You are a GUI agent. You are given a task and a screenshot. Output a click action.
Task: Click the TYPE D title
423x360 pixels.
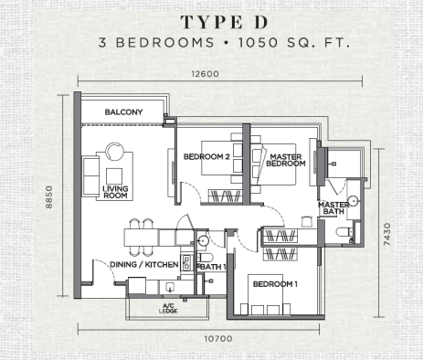(225, 22)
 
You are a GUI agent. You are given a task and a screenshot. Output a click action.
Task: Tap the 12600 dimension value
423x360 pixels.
(205, 74)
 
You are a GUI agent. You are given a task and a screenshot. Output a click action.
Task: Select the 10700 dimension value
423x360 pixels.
(218, 338)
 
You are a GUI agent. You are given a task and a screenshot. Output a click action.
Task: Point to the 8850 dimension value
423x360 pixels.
(48, 197)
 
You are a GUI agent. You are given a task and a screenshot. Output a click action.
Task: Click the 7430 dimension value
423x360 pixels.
(386, 234)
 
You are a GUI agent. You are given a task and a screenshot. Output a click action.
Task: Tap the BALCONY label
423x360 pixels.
(123, 112)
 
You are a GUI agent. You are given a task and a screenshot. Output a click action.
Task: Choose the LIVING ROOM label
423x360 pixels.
(115, 192)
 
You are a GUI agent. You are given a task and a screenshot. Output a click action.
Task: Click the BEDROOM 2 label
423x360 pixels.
(206, 156)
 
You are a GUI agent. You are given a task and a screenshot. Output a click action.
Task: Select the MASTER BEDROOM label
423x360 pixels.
(286, 160)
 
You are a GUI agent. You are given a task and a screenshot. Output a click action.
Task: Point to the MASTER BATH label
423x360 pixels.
(333, 208)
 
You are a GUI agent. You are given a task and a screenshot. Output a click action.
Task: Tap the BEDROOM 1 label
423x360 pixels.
(275, 284)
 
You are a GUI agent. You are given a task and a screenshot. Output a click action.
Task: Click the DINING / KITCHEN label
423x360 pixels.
(143, 264)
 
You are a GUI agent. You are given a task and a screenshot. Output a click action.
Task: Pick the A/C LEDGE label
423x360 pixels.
(168, 308)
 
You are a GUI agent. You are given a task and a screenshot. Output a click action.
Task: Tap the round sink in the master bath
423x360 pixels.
(354, 201)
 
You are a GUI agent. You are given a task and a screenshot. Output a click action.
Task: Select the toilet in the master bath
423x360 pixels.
(344, 232)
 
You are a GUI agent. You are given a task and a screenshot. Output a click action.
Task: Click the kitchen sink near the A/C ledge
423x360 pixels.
(170, 287)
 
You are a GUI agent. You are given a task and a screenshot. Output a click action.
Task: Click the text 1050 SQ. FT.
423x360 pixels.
(293, 42)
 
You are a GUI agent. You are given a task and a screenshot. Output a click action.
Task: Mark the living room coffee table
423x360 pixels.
(114, 176)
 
